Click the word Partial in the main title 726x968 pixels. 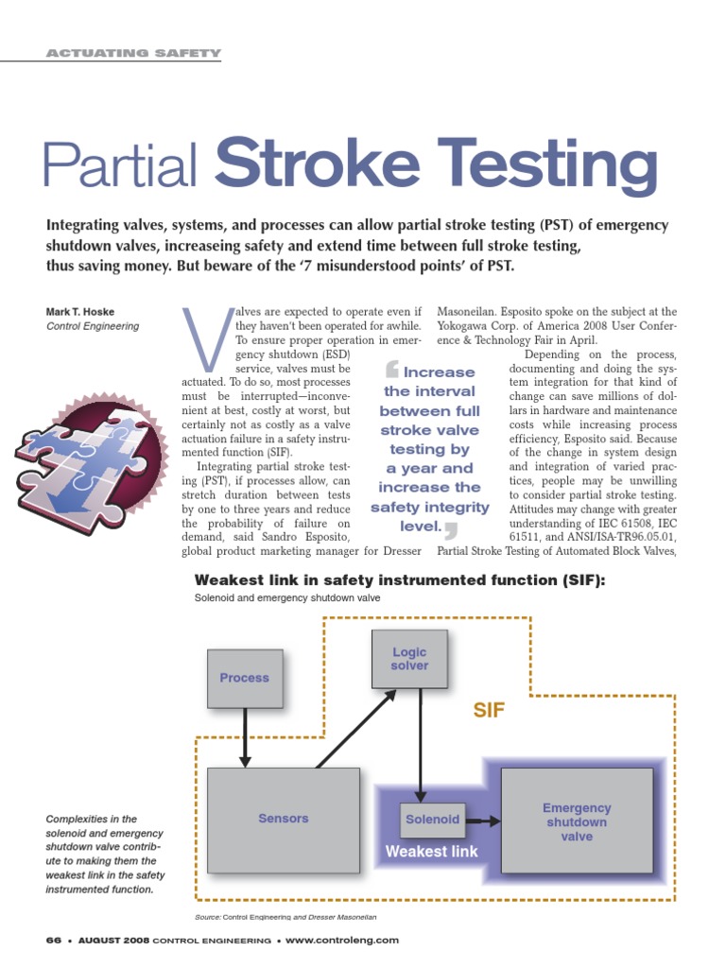point(121,166)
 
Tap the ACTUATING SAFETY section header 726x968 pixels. point(133,53)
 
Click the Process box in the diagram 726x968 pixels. point(244,678)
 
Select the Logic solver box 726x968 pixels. point(409,660)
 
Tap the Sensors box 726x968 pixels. point(284,819)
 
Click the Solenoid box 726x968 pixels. point(432,820)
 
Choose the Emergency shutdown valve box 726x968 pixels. point(576,821)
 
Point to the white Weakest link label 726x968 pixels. point(431,852)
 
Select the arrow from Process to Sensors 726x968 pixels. point(245,736)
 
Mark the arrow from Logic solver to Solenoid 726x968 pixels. point(418,747)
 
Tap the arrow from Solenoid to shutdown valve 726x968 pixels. point(482,820)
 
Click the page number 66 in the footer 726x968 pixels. point(53,941)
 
